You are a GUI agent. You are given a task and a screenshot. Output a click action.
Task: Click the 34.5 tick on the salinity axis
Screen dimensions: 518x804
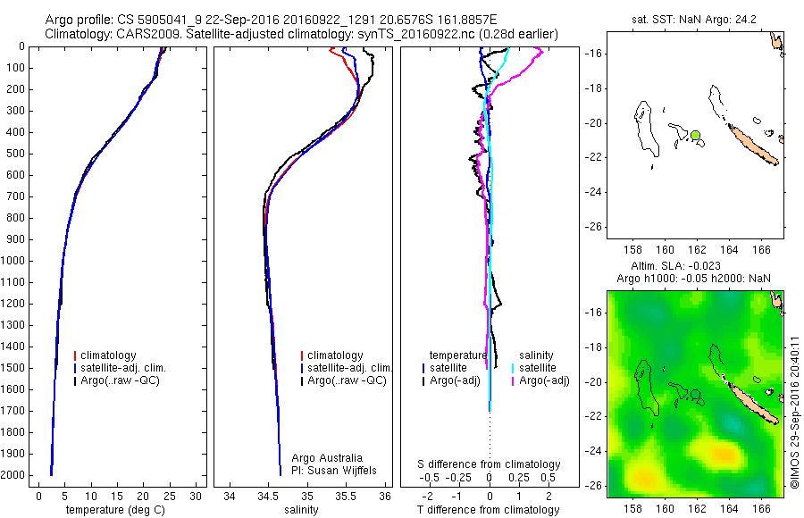coord(268,495)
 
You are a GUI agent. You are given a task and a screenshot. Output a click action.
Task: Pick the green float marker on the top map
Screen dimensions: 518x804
coord(695,135)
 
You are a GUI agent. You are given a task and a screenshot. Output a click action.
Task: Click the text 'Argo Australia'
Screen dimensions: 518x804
coord(327,458)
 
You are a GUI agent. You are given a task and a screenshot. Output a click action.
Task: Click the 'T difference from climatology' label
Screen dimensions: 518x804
coord(489,510)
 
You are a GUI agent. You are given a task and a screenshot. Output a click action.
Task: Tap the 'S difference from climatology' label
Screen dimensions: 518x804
coord(490,464)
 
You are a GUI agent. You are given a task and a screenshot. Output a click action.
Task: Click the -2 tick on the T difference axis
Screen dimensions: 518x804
coord(426,495)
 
